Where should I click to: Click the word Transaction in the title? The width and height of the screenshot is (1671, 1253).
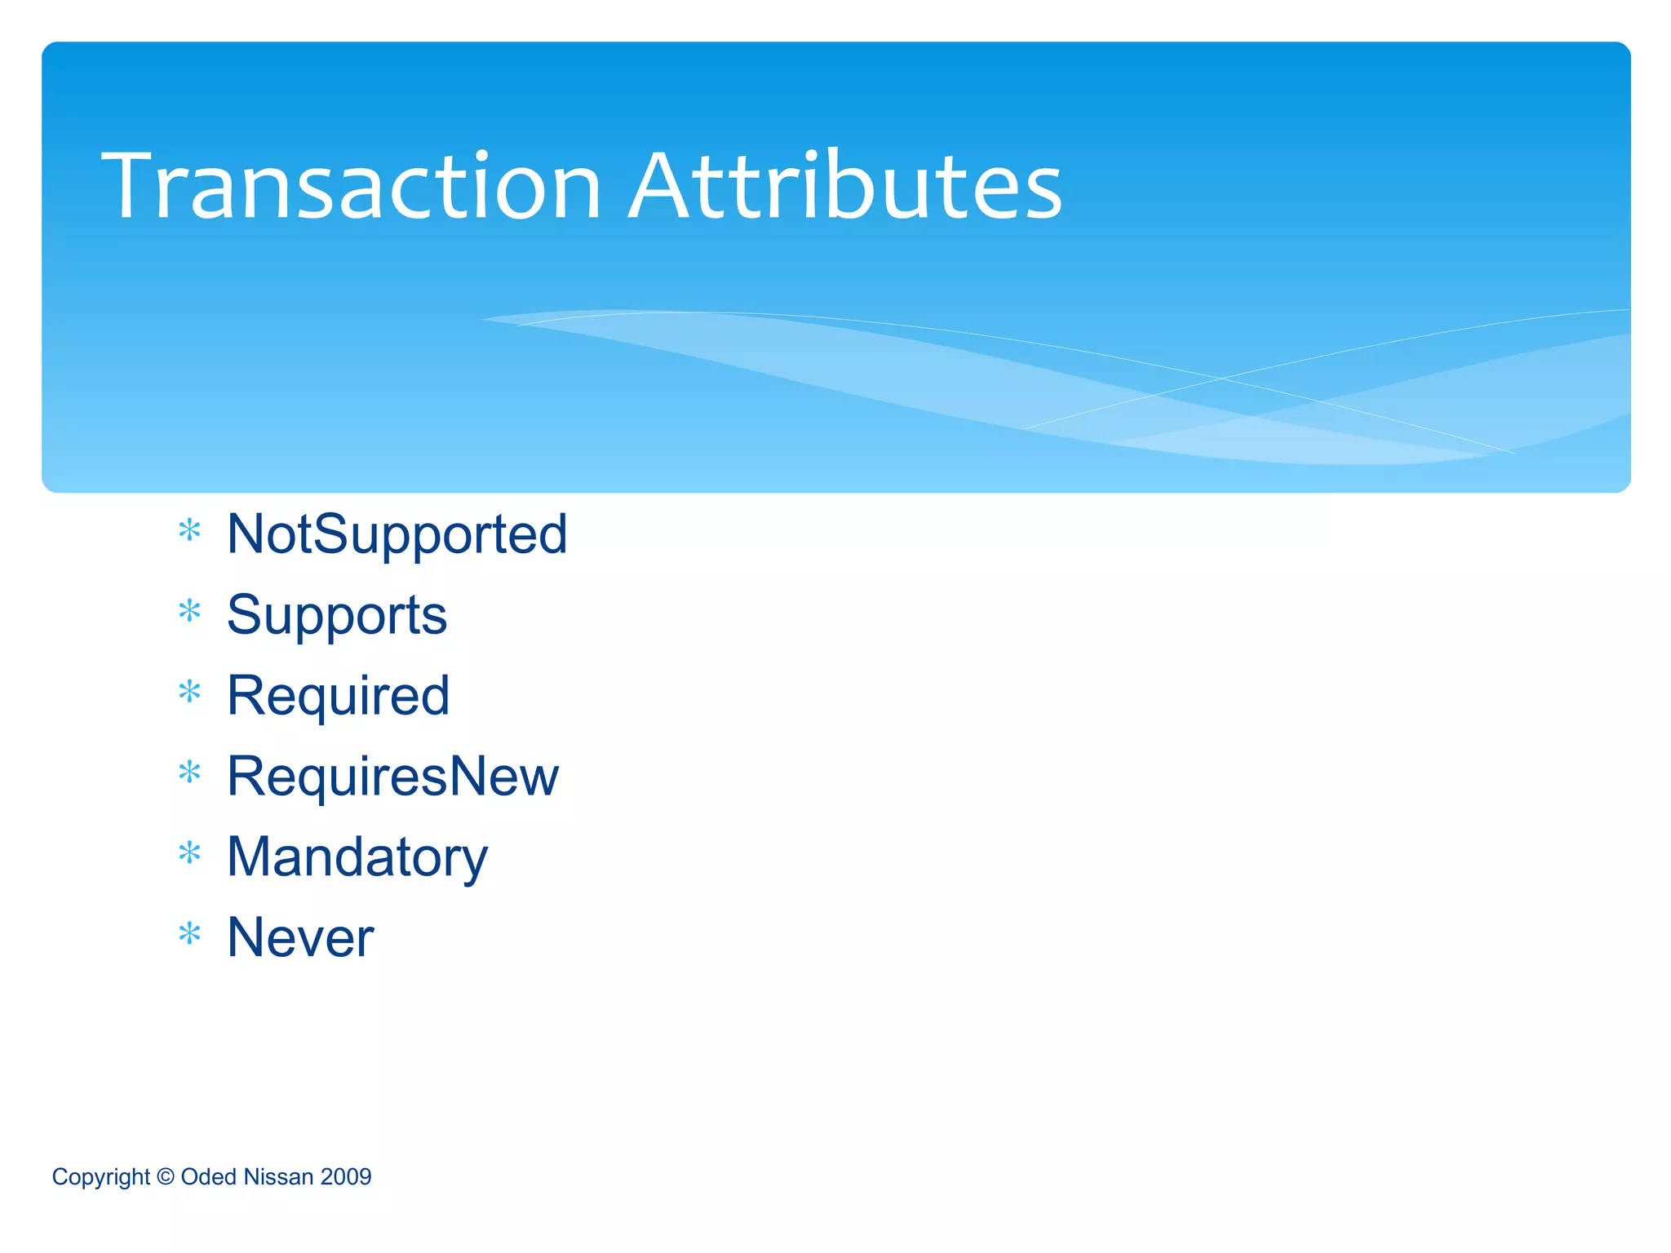[351, 188]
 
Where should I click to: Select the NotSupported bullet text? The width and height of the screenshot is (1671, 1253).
[397, 534]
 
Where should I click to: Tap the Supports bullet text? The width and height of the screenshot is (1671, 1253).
[336, 615]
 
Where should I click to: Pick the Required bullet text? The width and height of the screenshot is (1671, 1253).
[338, 696]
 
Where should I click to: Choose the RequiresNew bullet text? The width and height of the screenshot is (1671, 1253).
[392, 776]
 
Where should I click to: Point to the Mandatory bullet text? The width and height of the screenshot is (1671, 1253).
[357, 857]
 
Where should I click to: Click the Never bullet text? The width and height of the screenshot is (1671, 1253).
[299, 937]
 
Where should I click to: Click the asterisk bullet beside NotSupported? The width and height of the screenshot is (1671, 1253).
[189, 531]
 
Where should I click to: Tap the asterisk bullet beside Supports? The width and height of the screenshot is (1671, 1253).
[189, 611]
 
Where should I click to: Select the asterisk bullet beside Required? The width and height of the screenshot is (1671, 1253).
[189, 692]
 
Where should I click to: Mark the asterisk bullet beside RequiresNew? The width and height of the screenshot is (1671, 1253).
[189, 772]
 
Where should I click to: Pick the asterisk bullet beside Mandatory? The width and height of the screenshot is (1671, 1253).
[189, 853]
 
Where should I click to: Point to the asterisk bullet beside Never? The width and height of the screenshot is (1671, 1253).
[189, 933]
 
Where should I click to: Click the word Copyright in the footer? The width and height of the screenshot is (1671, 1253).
[100, 1177]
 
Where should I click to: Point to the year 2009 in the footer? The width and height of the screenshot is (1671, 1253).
[346, 1176]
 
